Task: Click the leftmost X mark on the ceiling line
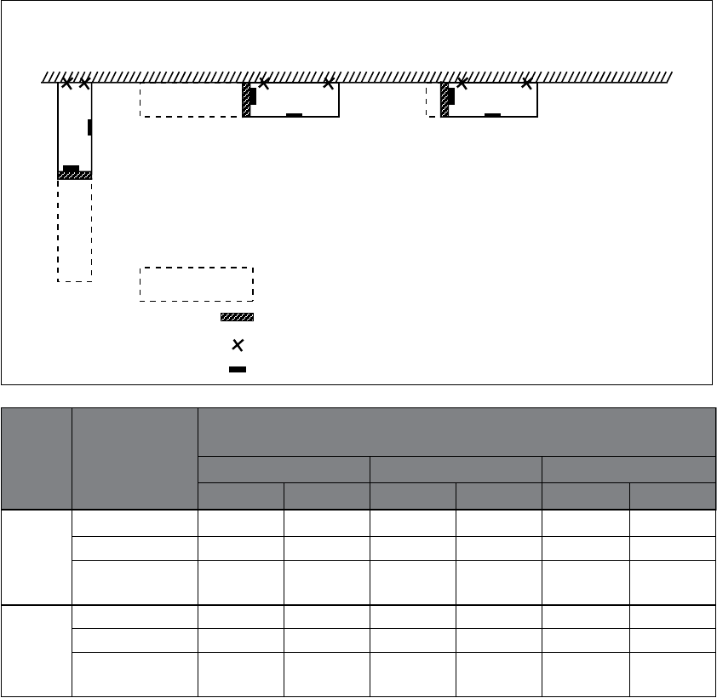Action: point(67,84)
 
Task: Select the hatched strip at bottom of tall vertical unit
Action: point(74,176)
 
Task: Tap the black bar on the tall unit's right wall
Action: point(89,128)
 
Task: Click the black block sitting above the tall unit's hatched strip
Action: point(72,168)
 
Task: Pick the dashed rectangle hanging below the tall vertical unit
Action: point(74,230)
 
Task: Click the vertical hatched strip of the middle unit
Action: point(246,100)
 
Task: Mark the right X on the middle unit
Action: point(329,84)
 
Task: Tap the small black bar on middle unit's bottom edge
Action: point(295,114)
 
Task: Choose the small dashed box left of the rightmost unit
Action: point(433,100)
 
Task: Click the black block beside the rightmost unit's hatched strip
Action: point(451,96)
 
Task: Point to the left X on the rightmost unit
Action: point(462,84)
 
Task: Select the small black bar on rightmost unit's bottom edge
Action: point(492,114)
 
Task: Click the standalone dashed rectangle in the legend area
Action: point(197,284)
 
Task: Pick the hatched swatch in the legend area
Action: point(238,317)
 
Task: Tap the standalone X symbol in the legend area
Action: point(238,345)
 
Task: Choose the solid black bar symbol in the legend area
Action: point(238,370)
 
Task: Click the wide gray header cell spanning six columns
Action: point(456,432)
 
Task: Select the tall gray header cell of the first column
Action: point(37,459)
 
